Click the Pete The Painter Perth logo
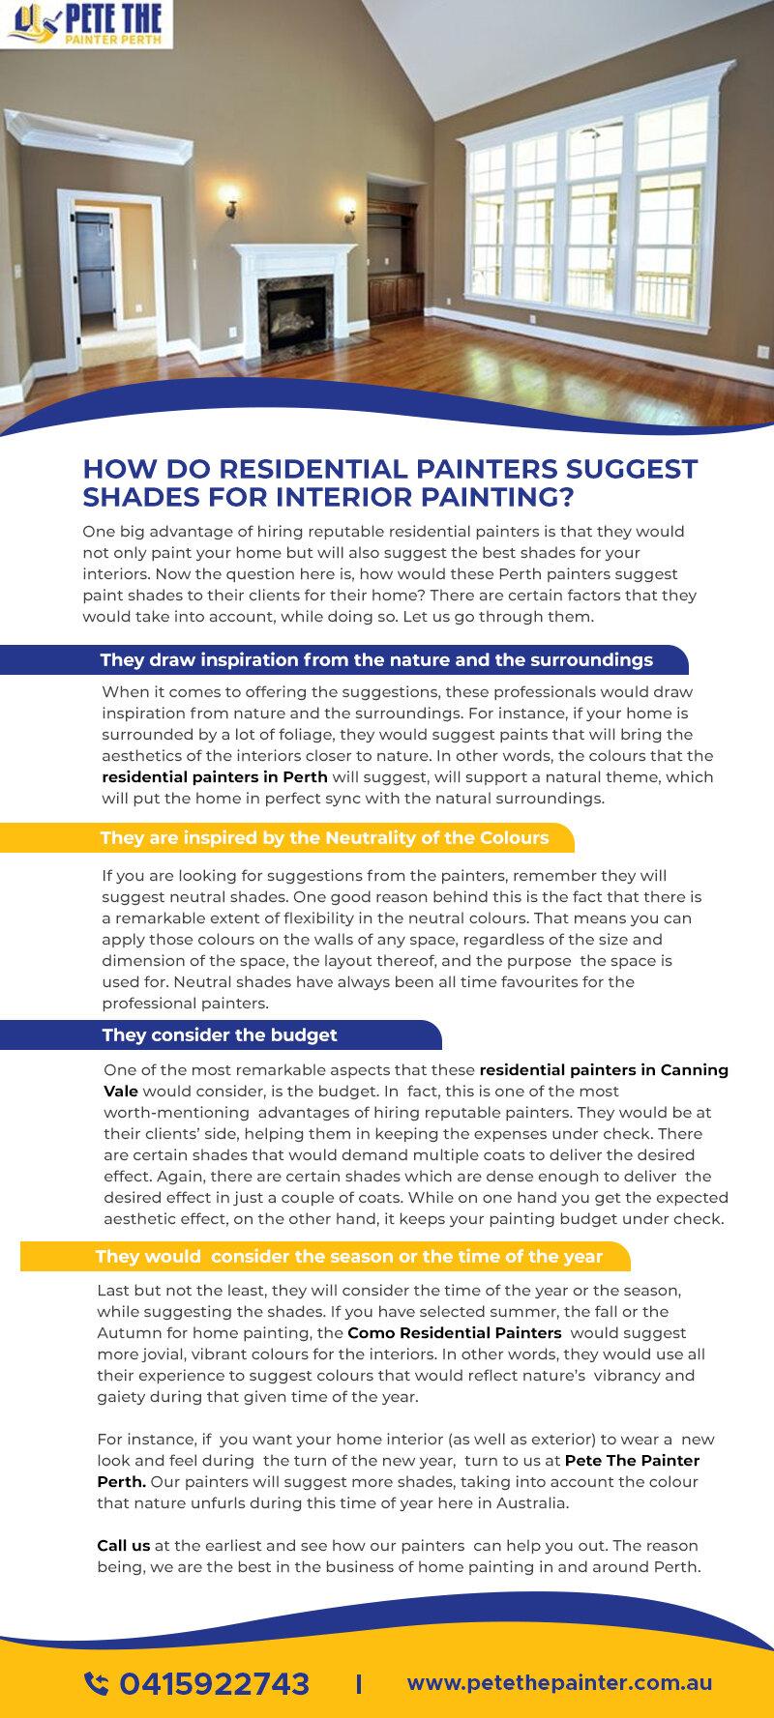tap(87, 25)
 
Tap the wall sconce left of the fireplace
tap(231, 205)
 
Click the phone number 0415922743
tap(214, 1683)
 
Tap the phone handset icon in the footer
tap(97, 1683)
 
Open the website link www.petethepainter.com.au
tap(559, 1682)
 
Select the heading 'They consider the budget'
tap(220, 1035)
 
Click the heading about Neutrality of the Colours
tap(324, 837)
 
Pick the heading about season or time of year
tap(348, 1257)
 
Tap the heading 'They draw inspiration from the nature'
tap(376, 660)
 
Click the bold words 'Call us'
tap(123, 1546)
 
